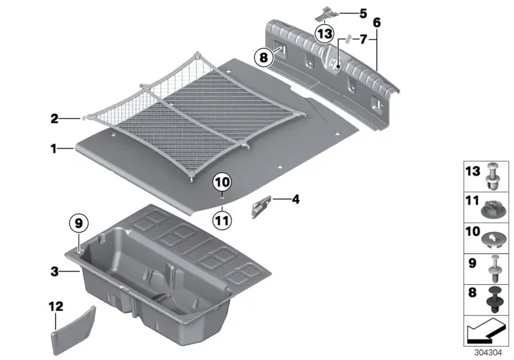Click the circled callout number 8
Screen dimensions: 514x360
point(263,58)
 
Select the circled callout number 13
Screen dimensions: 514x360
point(324,33)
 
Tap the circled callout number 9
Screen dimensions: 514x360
point(78,224)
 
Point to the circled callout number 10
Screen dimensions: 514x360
point(222,182)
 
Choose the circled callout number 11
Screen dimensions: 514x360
point(222,220)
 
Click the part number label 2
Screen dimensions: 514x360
point(55,119)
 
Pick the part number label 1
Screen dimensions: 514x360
point(53,149)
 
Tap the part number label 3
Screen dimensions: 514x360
point(55,271)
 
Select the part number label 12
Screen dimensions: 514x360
point(56,307)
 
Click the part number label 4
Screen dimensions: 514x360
point(296,199)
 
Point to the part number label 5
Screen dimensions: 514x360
point(363,14)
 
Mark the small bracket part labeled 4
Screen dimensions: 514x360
point(261,206)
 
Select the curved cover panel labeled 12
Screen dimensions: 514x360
point(73,329)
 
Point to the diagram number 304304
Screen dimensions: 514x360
point(488,353)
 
